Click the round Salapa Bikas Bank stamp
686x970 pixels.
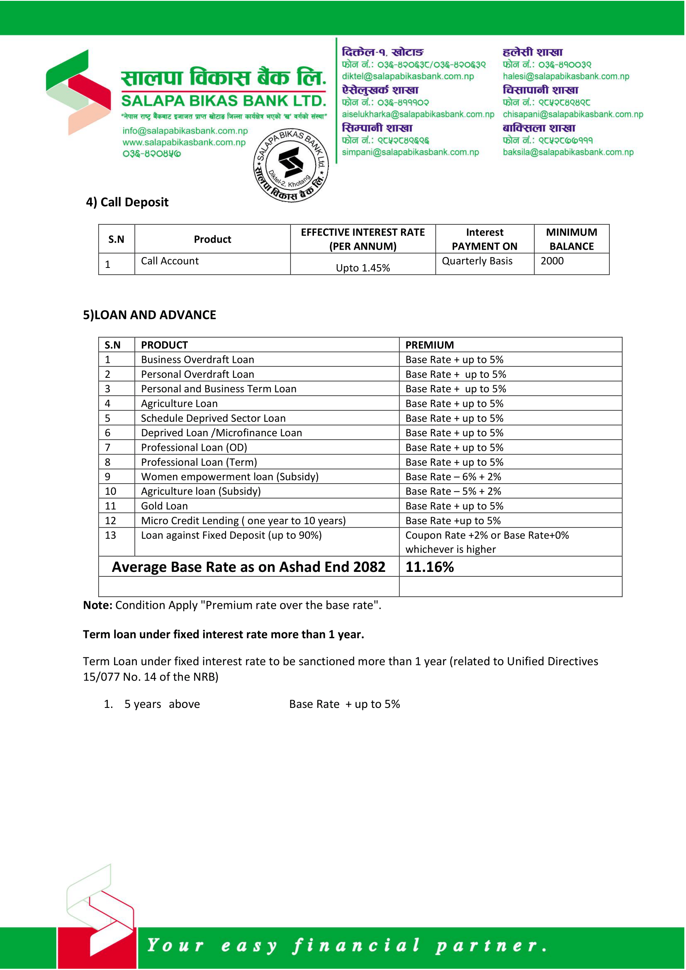(x=291, y=165)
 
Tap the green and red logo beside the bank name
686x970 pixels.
(x=78, y=92)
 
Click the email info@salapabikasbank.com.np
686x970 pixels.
(x=185, y=131)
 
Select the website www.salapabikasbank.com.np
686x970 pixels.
(x=184, y=142)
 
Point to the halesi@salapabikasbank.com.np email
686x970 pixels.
(x=566, y=76)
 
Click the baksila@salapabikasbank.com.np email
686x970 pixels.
(x=568, y=152)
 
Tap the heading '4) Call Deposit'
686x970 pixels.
(x=127, y=202)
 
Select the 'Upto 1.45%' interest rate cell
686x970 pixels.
(x=362, y=268)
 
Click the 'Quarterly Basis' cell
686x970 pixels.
(x=477, y=261)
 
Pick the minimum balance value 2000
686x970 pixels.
(x=552, y=261)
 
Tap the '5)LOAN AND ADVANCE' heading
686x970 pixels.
(x=150, y=315)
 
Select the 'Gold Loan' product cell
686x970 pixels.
(x=164, y=506)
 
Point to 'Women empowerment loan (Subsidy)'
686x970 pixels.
(x=230, y=477)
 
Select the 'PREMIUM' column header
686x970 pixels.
(x=429, y=345)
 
